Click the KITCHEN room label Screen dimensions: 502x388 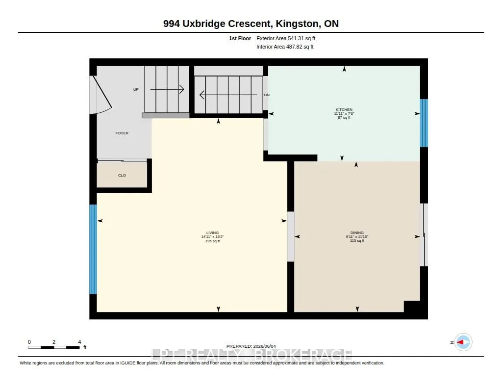pyautogui.click(x=344, y=109)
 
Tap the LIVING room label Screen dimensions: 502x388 pyautogui.click(x=212, y=233)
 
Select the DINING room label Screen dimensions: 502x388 pyautogui.click(x=357, y=233)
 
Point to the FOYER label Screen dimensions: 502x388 pyautogui.click(x=122, y=133)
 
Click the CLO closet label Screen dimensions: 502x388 pyautogui.click(x=122, y=175)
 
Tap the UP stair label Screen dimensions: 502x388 pyautogui.click(x=136, y=89)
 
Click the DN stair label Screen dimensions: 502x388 pyautogui.click(x=267, y=95)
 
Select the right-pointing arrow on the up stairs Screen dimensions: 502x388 pyautogui.click(x=167, y=89)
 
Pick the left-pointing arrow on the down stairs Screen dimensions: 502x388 pyautogui.click(x=228, y=95)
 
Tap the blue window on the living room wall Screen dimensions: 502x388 pyautogui.click(x=93, y=249)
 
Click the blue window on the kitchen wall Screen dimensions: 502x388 pyautogui.click(x=424, y=123)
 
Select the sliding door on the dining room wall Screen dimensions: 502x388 pyautogui.click(x=424, y=235)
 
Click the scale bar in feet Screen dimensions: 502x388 pyautogui.click(x=54, y=347)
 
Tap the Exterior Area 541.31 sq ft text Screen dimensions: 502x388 pyautogui.click(x=286, y=38)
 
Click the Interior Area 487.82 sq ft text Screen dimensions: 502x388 pyautogui.click(x=285, y=47)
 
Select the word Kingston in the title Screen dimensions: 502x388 pyautogui.click(x=298, y=24)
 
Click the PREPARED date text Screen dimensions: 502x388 pyautogui.click(x=251, y=346)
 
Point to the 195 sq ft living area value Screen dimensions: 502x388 pyautogui.click(x=212, y=241)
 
